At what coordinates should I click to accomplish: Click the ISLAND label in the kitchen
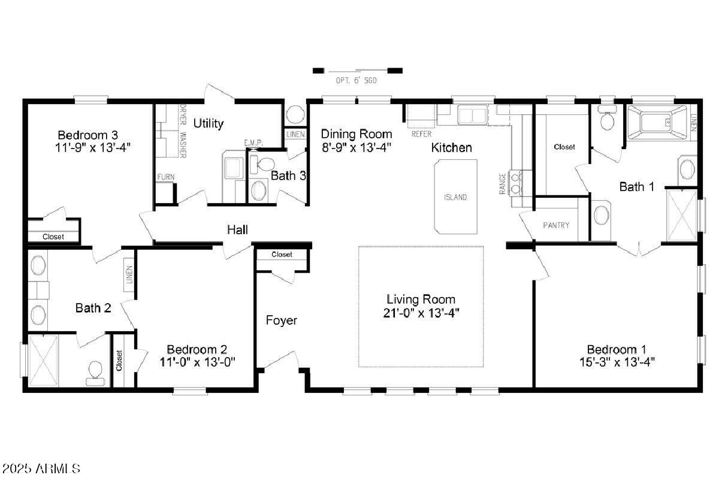(x=455, y=197)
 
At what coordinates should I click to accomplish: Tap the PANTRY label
(x=556, y=225)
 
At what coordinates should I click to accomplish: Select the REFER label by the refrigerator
(x=421, y=134)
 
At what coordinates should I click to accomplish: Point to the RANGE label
(x=502, y=183)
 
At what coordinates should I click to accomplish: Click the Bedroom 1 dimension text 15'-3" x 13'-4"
(x=617, y=362)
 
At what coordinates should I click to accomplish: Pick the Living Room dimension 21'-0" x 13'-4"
(x=421, y=313)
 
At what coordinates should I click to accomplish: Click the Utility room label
(x=209, y=123)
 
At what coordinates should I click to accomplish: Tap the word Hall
(x=237, y=230)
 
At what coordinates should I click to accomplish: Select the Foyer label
(x=282, y=320)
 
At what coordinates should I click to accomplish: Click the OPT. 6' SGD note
(x=357, y=80)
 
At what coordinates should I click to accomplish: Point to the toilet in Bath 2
(x=95, y=373)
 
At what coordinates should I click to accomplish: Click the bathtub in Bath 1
(x=657, y=123)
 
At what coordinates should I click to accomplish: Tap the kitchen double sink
(x=472, y=114)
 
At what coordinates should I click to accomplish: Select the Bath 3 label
(x=288, y=176)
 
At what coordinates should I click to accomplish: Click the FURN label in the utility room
(x=166, y=177)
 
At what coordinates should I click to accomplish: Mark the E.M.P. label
(x=253, y=143)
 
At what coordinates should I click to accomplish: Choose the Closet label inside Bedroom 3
(x=53, y=237)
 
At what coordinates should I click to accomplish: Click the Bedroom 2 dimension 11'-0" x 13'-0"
(x=197, y=362)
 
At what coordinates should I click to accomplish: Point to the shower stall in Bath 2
(x=43, y=361)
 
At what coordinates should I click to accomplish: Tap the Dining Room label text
(x=357, y=134)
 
